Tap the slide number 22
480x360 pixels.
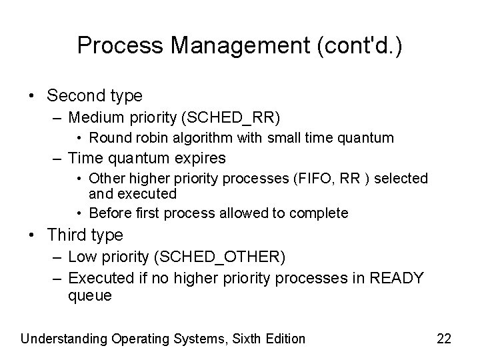tap(444, 339)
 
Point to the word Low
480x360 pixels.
tap(81, 257)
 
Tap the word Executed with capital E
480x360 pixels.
tap(95, 277)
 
